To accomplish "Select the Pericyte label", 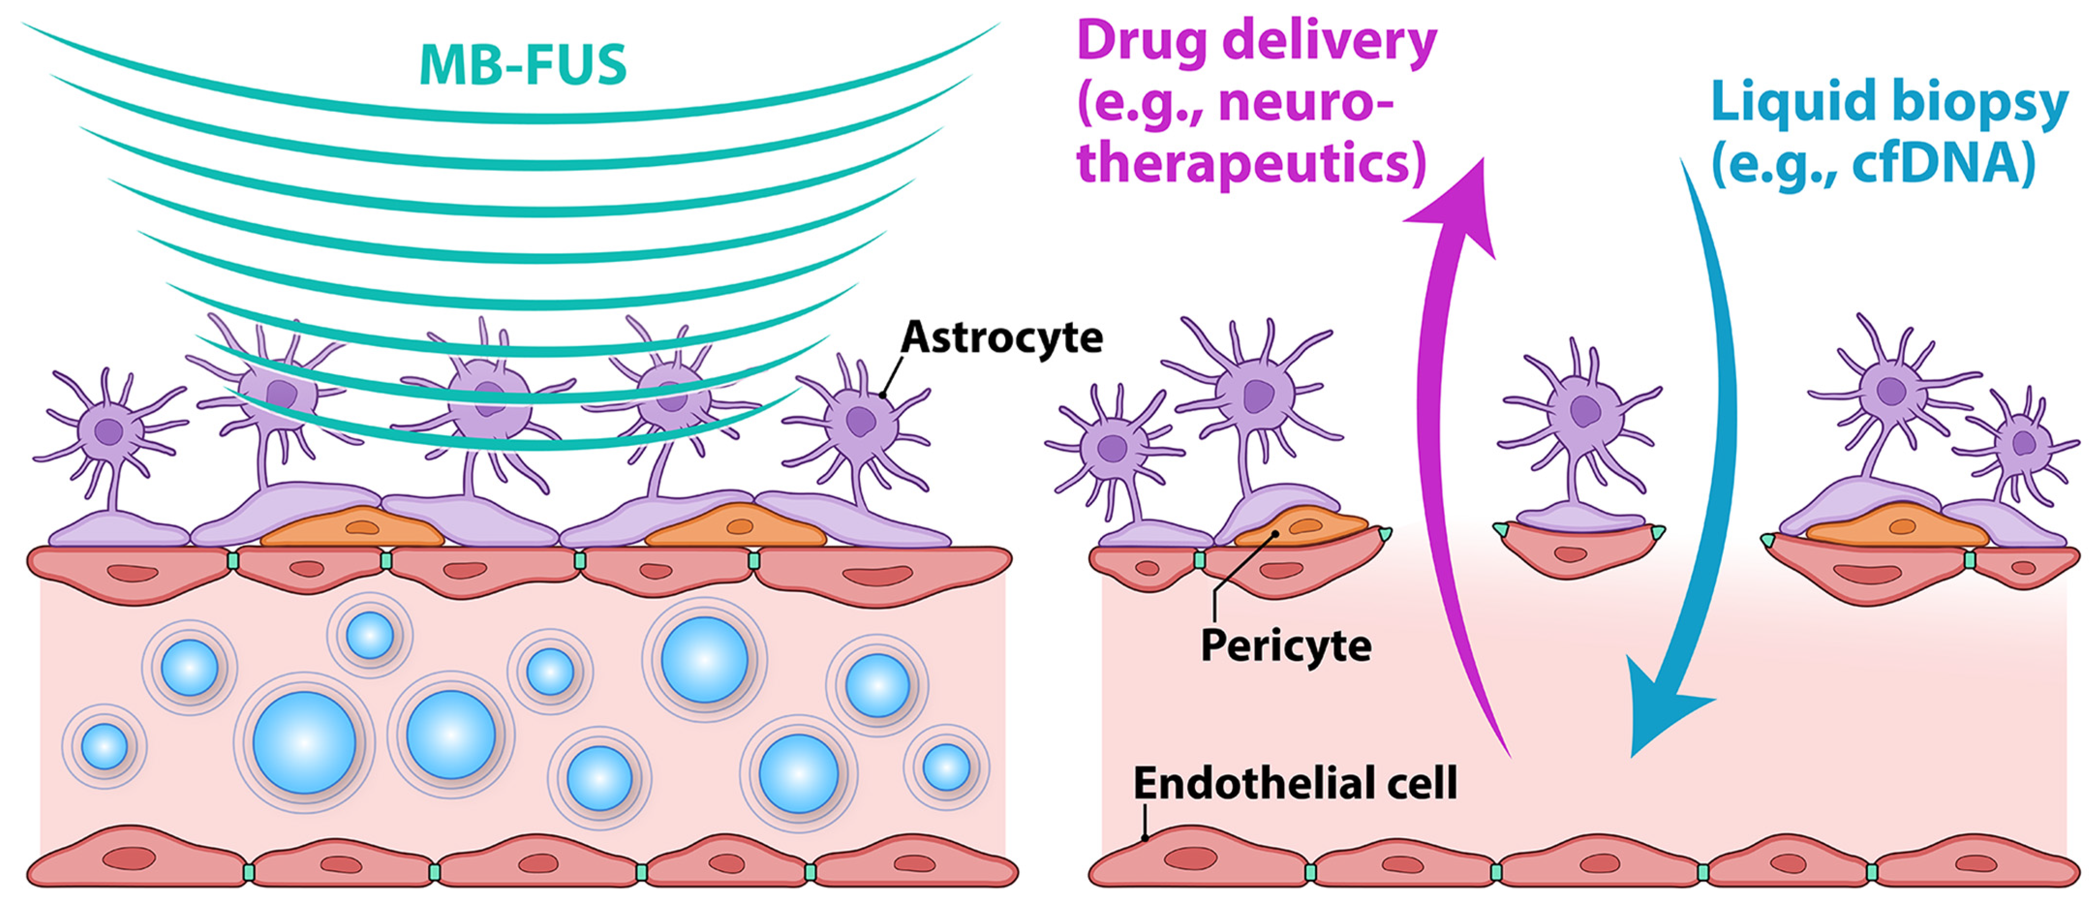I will (x=1286, y=645).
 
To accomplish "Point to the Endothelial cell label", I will (x=1295, y=783).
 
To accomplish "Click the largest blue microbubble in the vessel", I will (x=304, y=742).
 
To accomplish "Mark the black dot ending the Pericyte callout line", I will (x=1275, y=534).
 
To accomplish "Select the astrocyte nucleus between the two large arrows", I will (x=1583, y=410).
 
